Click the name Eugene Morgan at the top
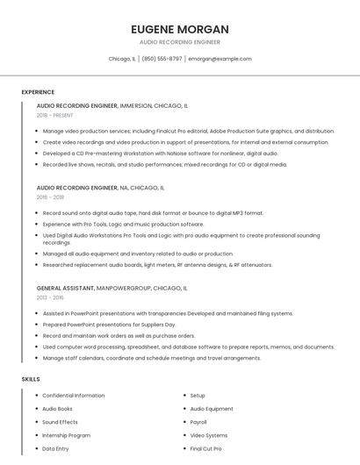coord(179,29)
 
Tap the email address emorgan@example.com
coord(220,59)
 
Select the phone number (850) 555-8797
coord(162,59)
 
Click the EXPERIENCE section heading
coord(38,92)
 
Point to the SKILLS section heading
coord(31,379)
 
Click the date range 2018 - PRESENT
coord(55,115)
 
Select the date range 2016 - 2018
coord(50,197)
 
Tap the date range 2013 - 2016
coord(50,297)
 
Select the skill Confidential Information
coord(74,396)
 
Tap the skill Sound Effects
coord(60,422)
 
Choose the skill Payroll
coord(198,422)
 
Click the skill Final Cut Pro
coord(205,448)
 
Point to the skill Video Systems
coord(209,435)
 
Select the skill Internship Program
coord(67,435)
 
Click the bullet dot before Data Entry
coord(36,448)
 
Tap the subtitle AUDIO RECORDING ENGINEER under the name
coord(179,42)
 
